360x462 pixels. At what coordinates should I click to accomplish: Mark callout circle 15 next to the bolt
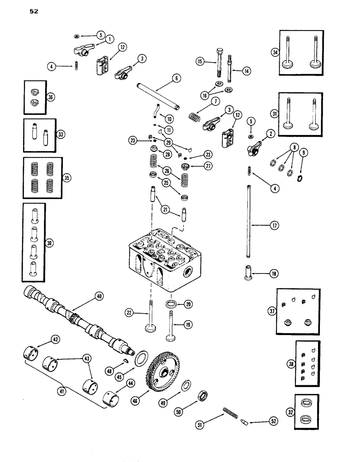click(199, 61)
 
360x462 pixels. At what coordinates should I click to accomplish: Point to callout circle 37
click(272, 311)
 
